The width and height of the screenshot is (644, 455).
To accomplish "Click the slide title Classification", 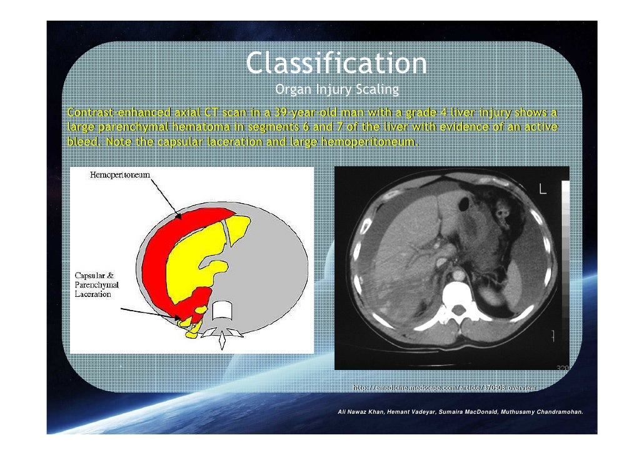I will click(336, 63).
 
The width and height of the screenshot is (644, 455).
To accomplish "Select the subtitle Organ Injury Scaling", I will click(336, 90).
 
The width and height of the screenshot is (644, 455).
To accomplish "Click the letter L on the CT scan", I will click(543, 189).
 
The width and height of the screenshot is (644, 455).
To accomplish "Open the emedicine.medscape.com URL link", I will click(445, 389).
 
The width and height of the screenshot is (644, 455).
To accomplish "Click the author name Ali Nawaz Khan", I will click(361, 413).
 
